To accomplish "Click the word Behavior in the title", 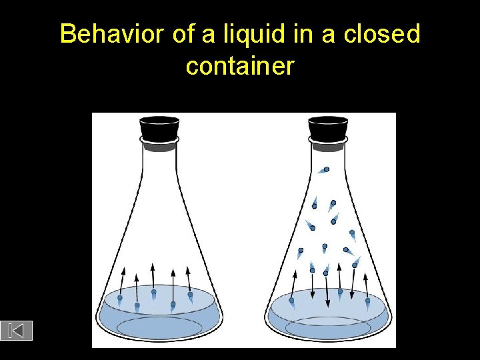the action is click(x=112, y=35).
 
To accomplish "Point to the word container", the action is click(x=240, y=66).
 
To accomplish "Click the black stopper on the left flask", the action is click(x=159, y=128).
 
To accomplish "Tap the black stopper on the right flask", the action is click(x=328, y=128).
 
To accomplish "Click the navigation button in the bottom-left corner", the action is click(x=17, y=330).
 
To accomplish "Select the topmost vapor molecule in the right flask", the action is click(x=326, y=169).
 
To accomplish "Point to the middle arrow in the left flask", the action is click(x=153, y=277).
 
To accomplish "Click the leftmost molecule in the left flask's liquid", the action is click(x=120, y=298).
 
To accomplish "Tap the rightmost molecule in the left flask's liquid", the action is click(x=190, y=294).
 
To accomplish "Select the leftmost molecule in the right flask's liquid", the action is click(x=291, y=300).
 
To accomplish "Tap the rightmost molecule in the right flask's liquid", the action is click(x=367, y=301).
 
